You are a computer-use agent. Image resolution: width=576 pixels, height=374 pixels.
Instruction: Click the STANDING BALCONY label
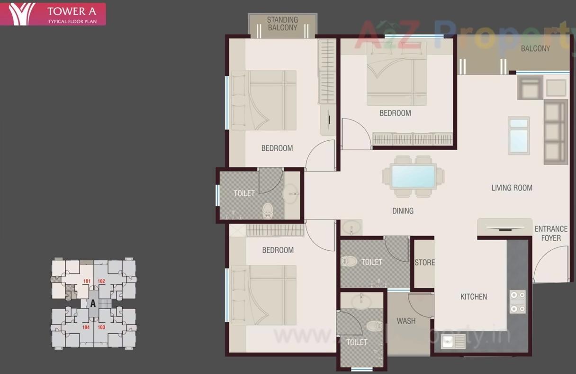tap(282, 24)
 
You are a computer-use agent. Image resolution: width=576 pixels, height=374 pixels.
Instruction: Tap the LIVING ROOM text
tap(512, 188)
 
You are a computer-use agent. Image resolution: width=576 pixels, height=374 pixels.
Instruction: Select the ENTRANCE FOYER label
tap(551, 233)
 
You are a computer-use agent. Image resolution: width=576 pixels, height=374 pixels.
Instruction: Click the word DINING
tap(403, 211)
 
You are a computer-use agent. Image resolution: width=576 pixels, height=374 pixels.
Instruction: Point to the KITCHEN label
tap(474, 297)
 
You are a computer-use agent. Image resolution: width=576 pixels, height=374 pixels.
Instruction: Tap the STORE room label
tap(424, 263)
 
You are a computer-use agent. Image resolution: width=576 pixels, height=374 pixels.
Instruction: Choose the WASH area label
tap(406, 321)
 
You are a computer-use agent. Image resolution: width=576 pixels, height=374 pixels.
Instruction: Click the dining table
tap(414, 176)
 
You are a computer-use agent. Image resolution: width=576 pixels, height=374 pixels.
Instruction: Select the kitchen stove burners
tap(517, 302)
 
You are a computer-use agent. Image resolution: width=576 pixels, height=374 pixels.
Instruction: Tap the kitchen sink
tap(453, 341)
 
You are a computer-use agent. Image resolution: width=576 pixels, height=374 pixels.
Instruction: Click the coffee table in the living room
tap(519, 135)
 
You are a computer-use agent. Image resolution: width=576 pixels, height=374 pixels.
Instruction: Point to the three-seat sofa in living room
tap(555, 131)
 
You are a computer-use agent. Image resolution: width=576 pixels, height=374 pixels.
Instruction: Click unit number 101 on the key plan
tap(87, 281)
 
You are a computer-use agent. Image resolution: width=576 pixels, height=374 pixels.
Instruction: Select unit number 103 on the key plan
tap(101, 327)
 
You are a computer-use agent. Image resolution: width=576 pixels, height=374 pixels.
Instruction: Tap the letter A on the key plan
tap(93, 304)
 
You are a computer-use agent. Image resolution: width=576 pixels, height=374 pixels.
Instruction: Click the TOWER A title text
tap(72, 11)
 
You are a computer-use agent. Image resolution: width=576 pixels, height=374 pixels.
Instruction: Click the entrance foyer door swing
tap(549, 265)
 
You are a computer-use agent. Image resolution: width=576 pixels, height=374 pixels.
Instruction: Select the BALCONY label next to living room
tap(535, 48)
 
